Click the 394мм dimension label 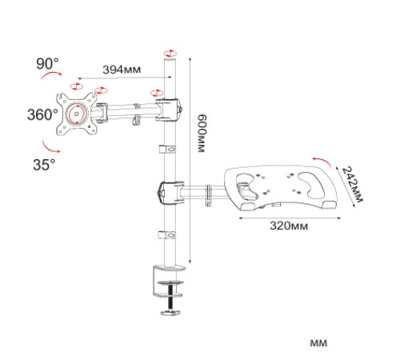122,70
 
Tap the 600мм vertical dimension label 202,134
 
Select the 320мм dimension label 289,226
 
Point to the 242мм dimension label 352,184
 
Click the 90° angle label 47,64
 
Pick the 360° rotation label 42,114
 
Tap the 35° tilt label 44,164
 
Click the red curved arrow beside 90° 51,74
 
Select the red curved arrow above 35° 50,147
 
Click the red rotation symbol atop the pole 170,53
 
